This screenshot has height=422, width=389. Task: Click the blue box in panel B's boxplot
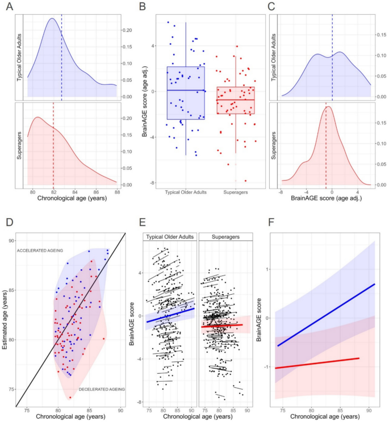[x=186, y=93]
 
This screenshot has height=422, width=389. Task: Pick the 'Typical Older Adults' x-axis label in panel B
[x=186, y=192]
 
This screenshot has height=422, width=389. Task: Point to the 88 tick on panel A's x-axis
[x=116, y=192]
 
